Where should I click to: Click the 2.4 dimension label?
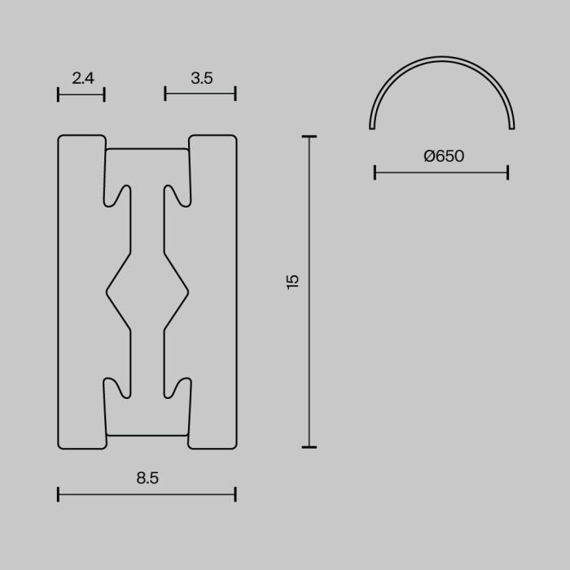[x=83, y=78]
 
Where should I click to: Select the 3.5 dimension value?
[x=201, y=78]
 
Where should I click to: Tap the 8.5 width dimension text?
[x=147, y=479]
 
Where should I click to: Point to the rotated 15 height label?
[x=293, y=281]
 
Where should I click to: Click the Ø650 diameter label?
[x=444, y=156]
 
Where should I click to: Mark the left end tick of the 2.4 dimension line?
[x=59, y=94]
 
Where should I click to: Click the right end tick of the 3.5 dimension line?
[x=235, y=94]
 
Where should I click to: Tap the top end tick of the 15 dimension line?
[x=309, y=138]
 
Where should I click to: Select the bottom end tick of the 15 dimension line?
[x=309, y=447]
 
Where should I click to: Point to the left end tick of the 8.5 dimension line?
[x=59, y=493]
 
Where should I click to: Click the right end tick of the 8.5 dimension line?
[x=235, y=493]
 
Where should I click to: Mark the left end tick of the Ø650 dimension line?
[x=375, y=172]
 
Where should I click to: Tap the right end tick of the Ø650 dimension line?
[x=508, y=172]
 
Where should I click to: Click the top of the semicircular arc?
[x=442, y=59]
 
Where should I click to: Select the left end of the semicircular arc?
[x=372, y=127]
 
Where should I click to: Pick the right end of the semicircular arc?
[x=512, y=127]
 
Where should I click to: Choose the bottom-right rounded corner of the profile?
[x=232, y=445]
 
